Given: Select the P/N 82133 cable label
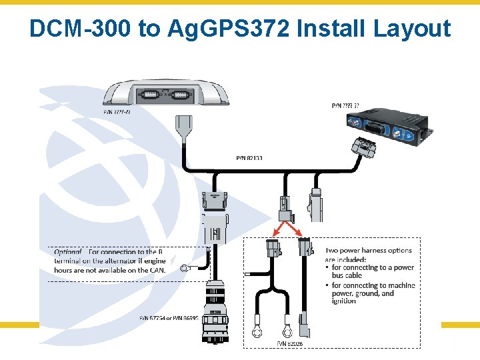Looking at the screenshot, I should [x=249, y=158].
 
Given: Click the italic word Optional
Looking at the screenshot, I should [x=69, y=252].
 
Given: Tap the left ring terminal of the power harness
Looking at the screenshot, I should [x=257, y=330].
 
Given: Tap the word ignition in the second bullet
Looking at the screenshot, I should [x=344, y=301].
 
